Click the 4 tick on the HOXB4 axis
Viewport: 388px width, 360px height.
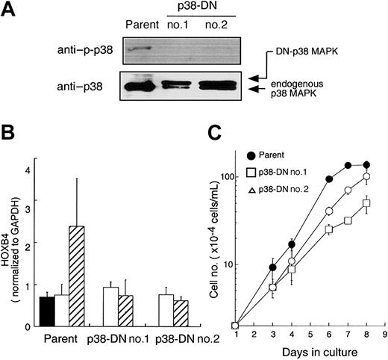coord(27,170)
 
